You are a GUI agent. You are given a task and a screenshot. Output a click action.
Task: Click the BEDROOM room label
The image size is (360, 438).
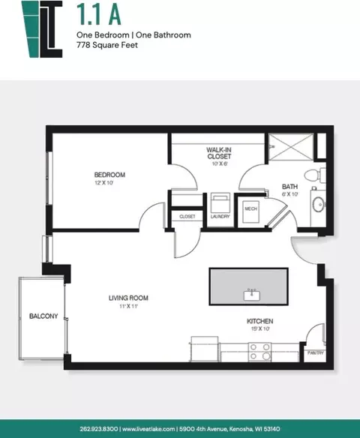[x=109, y=175]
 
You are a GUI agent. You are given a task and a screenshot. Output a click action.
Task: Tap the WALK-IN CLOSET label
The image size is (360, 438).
[x=219, y=153]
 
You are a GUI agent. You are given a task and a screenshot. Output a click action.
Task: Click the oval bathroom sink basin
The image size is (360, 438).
[x=318, y=205]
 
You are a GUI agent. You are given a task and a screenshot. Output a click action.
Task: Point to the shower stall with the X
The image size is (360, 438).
[x=291, y=147]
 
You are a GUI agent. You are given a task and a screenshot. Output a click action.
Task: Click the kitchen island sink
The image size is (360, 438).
[x=252, y=295]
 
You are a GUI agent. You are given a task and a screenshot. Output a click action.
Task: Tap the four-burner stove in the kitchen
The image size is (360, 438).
[x=259, y=352]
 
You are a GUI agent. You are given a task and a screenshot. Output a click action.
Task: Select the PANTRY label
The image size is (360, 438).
[x=316, y=352]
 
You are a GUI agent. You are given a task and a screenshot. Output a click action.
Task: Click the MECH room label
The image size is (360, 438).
[x=250, y=208]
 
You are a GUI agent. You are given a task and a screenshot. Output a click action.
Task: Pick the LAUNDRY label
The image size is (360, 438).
[x=220, y=216]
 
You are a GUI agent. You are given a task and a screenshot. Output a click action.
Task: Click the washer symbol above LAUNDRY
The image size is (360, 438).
[x=220, y=202]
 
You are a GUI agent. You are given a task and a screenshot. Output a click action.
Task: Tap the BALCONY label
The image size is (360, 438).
[x=43, y=316]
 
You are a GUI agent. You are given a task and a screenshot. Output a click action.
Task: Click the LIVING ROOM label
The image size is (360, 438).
[x=128, y=298]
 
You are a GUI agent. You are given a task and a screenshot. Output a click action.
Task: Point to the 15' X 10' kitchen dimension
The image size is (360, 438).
[x=260, y=328]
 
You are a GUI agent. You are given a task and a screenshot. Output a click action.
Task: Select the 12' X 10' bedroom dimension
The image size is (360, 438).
[x=103, y=183]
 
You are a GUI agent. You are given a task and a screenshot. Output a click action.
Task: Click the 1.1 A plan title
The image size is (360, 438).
[x=99, y=14]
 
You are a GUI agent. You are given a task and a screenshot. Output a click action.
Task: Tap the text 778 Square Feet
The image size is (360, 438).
[x=107, y=45]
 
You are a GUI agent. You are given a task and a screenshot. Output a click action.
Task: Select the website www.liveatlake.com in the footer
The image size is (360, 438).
[x=148, y=429]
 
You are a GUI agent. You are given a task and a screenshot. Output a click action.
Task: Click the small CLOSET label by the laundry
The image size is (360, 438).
[x=187, y=217]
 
